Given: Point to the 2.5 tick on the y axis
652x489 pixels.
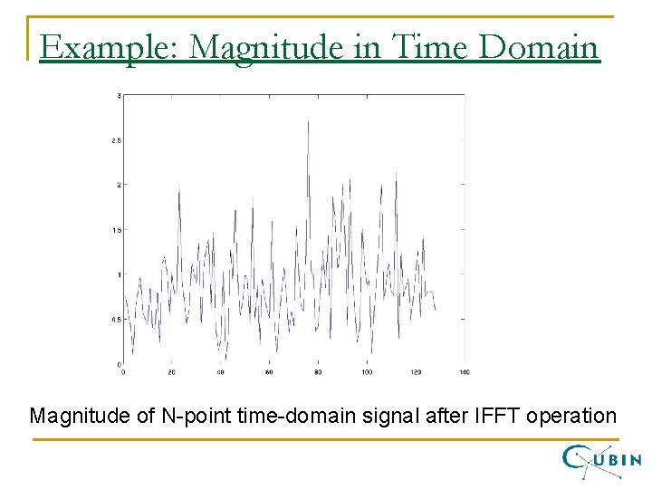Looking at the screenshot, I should pos(116,140).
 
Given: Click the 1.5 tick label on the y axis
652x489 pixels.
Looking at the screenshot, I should pos(116,230).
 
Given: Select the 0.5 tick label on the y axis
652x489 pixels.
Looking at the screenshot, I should pos(116,319).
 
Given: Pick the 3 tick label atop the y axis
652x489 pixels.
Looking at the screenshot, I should pos(120,95).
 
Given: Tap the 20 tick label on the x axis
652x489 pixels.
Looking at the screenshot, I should pos(172,372).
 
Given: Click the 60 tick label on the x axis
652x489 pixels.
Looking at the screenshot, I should pos(269,372).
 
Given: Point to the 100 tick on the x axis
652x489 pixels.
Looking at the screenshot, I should pos(366,372).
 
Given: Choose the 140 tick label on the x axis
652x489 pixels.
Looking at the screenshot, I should pos(464,372).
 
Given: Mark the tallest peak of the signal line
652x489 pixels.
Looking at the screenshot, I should pos(308,121).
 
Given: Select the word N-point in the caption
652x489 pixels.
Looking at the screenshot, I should pos(192,417).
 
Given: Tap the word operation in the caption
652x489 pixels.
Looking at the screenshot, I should pos(571,417).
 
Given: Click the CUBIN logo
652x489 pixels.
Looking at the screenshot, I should pos(601,459).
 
